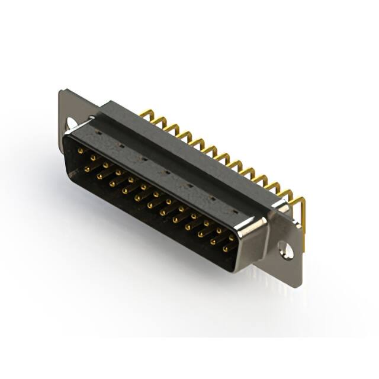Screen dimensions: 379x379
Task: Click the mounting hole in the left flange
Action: (73, 123)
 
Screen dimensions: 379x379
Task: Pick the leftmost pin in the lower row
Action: (87, 169)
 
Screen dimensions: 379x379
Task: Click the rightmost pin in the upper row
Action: (232, 237)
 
